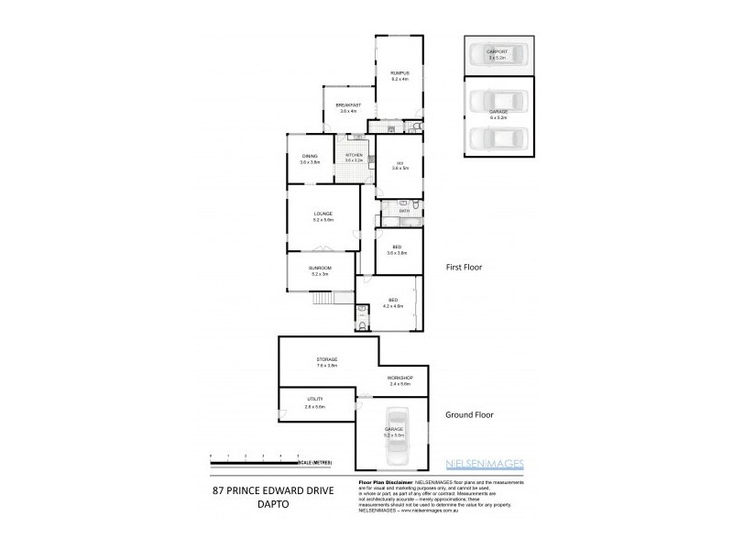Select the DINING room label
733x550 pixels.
310,156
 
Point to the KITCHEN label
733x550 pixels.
354,156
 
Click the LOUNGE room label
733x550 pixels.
323,214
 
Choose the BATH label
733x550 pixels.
404,212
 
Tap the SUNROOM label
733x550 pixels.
320,268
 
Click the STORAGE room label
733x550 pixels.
327,358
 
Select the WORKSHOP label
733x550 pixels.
399,378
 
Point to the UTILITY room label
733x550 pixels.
316,400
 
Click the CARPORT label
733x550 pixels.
498,51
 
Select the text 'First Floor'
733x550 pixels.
465,268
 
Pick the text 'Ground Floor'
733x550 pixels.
470,414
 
